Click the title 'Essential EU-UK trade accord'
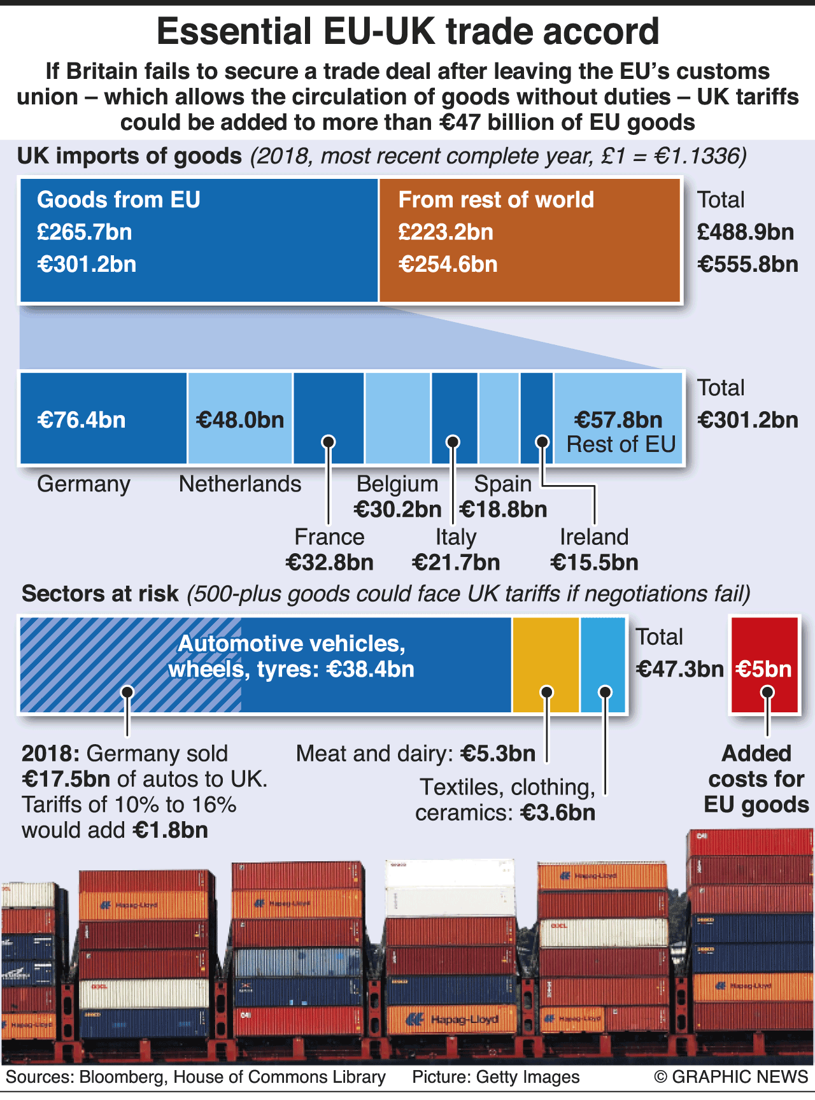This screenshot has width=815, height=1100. [407, 32]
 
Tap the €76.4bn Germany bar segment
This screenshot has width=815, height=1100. [104, 418]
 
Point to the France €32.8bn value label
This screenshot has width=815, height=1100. [329, 563]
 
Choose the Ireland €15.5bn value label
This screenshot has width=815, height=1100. [594, 563]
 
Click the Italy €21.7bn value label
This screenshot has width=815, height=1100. [456, 563]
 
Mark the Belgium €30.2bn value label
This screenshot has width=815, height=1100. [397, 509]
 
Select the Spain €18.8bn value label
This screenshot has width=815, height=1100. [503, 509]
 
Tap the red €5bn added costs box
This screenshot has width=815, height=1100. [764, 665]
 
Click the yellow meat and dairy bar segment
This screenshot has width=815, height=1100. [546, 665]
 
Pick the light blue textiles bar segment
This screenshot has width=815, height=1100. [602, 665]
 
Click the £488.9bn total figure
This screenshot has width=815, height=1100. [746, 232]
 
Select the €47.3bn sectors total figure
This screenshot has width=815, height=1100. [680, 669]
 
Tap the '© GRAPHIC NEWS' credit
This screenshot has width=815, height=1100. [731, 1076]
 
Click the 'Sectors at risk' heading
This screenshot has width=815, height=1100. [100, 594]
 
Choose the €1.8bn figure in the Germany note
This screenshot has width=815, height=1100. [170, 830]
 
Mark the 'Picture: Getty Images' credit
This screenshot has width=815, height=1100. [495, 1076]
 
